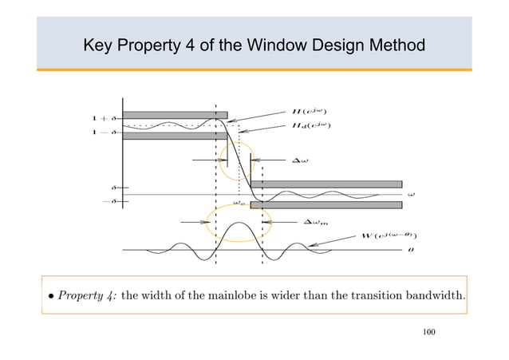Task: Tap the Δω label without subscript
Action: (303, 160)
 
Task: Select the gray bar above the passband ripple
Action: (174, 115)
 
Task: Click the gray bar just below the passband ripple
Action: (174, 135)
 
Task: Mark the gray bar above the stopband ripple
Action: (326, 184)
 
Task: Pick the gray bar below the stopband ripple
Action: (326, 205)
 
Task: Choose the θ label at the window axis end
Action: (410, 251)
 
